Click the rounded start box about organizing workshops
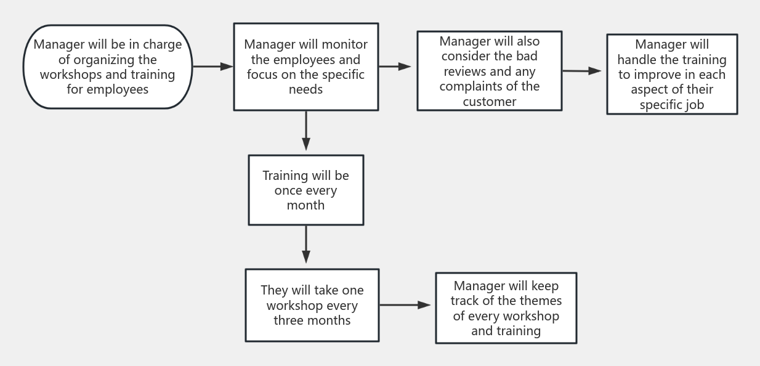[x=108, y=67]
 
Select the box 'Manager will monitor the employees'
[x=305, y=67]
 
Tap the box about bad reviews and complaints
[x=489, y=71]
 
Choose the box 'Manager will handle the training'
[x=672, y=75]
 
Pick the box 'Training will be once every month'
[x=305, y=190]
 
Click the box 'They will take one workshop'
[x=312, y=305]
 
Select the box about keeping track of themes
[x=506, y=308]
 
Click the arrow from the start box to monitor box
[x=212, y=67]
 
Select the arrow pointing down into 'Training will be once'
[x=306, y=132]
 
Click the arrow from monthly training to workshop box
[x=306, y=246]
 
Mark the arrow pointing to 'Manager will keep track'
[x=406, y=305]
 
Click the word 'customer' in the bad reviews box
[x=489, y=102]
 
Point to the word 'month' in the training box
[x=305, y=205]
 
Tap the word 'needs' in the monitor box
[x=305, y=89]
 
